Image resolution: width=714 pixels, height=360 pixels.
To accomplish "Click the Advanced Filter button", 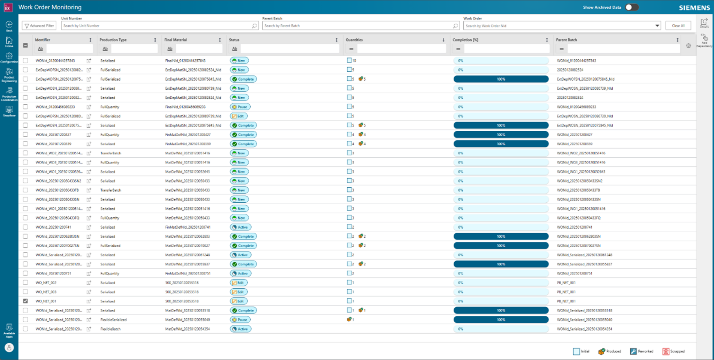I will (x=40, y=26).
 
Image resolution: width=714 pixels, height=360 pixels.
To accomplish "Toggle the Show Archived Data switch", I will (x=631, y=7).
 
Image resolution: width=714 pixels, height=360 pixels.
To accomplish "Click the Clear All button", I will (x=678, y=26).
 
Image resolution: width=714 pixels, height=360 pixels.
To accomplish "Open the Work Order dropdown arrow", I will (x=657, y=26).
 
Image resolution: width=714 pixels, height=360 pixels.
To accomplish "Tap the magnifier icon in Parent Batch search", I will (x=455, y=26).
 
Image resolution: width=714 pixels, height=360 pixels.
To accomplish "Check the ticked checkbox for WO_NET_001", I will (x=25, y=301).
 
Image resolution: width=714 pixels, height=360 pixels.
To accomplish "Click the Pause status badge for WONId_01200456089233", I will (x=240, y=107).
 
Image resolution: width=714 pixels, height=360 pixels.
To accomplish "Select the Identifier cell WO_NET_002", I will (x=46, y=283).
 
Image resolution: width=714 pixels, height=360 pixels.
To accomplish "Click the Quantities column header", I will (x=354, y=40).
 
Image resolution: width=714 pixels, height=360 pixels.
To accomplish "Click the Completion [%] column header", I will (x=465, y=40).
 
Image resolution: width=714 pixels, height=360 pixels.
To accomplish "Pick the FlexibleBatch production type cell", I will (x=111, y=329).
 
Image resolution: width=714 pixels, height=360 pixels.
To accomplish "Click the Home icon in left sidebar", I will (x=9, y=41).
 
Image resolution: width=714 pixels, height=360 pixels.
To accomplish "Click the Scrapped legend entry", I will (x=674, y=351).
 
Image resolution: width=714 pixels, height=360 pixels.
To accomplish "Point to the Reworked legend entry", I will (x=641, y=351).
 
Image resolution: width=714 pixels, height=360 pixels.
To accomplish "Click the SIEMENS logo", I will (x=694, y=8).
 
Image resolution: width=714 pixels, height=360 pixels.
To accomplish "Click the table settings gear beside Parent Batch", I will (x=688, y=46).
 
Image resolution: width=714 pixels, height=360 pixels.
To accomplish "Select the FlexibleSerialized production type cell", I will (x=113, y=320).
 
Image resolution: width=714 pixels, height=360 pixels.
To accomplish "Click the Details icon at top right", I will (x=704, y=23).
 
